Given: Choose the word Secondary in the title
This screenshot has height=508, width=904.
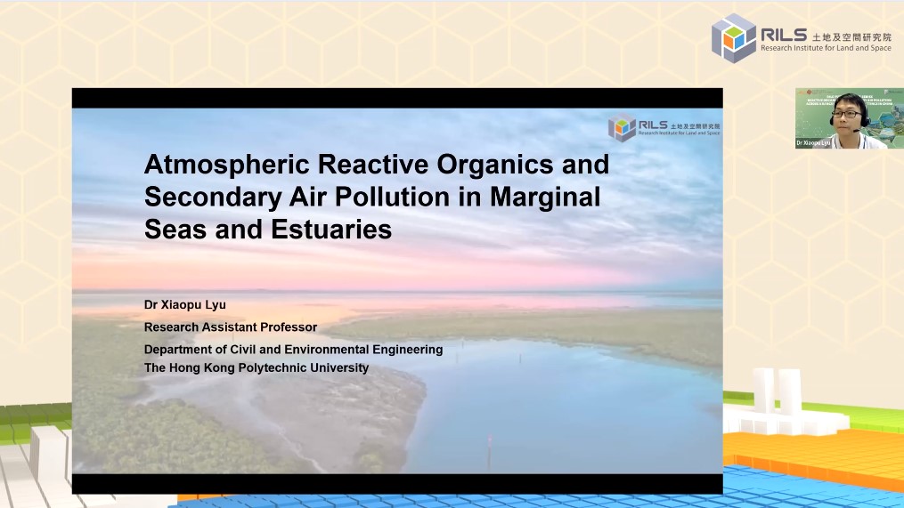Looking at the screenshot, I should [x=208, y=197].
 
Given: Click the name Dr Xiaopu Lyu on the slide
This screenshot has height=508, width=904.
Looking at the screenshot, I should [x=185, y=305].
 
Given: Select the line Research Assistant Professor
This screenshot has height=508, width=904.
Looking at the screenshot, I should [x=231, y=327].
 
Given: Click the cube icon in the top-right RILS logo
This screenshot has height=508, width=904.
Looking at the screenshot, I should [x=733, y=38].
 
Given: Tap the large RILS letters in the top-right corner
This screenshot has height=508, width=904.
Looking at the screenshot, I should [x=783, y=34].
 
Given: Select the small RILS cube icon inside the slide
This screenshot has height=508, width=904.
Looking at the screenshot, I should [x=622, y=127].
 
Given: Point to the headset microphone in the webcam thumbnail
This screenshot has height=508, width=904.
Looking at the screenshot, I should [x=857, y=130].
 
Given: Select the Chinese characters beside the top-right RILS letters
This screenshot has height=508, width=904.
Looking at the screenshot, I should [x=851, y=35].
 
